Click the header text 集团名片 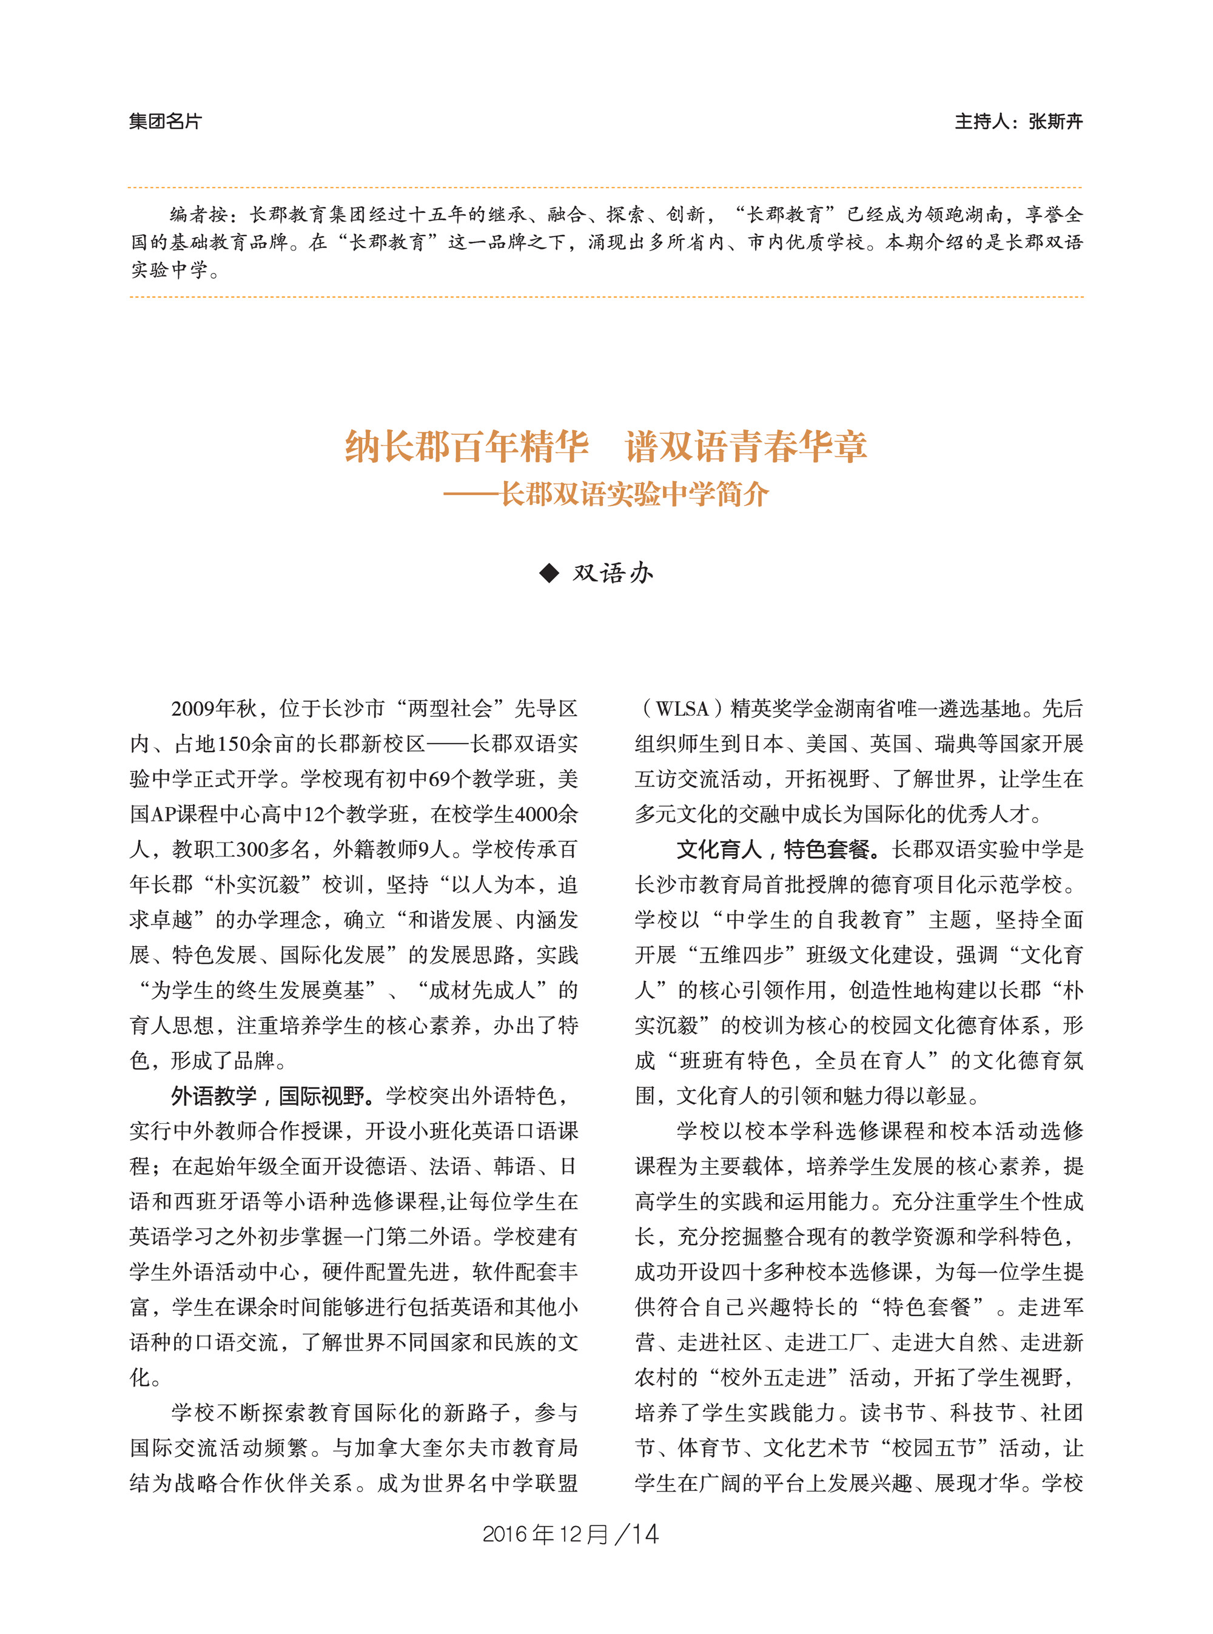[x=164, y=121]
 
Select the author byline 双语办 [x=613, y=573]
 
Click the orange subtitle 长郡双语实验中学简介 [x=634, y=494]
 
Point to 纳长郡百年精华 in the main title [x=466, y=446]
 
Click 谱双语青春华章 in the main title [x=745, y=446]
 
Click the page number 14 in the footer [x=645, y=1533]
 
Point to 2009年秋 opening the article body [x=213, y=708]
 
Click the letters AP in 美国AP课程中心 [x=163, y=815]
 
